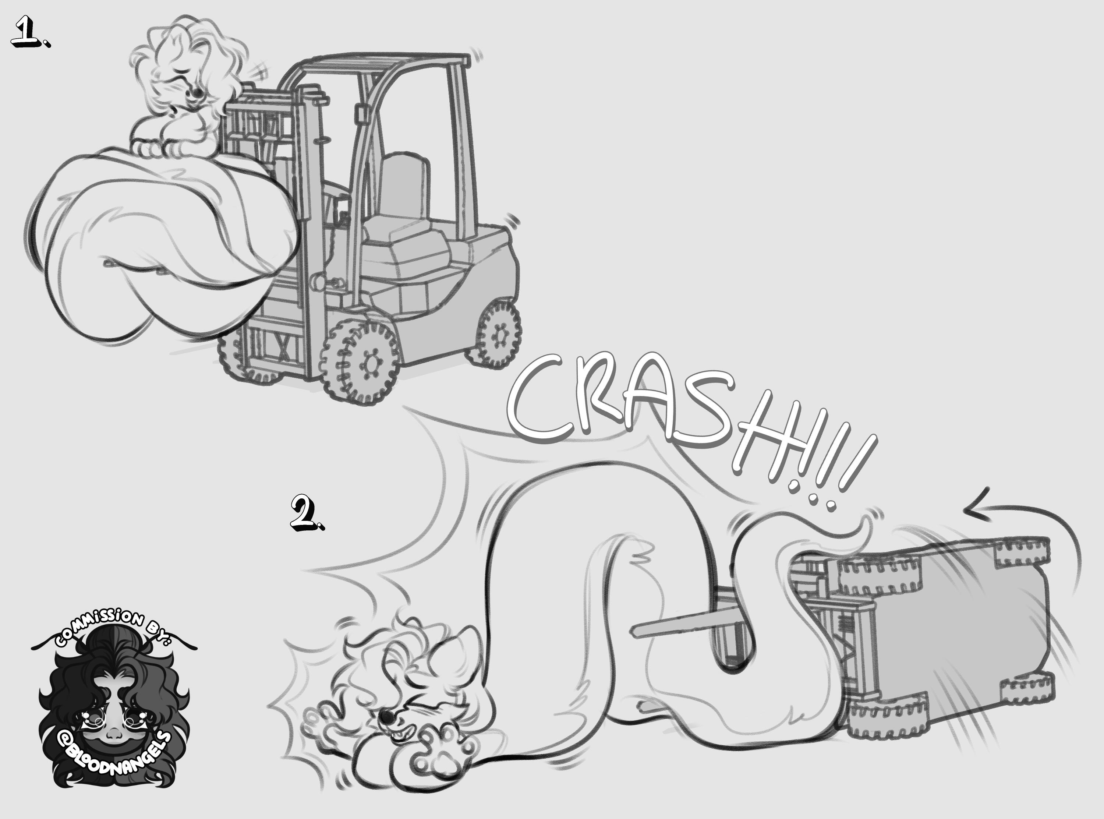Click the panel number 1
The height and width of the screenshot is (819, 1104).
30,32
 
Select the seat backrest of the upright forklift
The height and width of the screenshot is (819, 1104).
404,186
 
